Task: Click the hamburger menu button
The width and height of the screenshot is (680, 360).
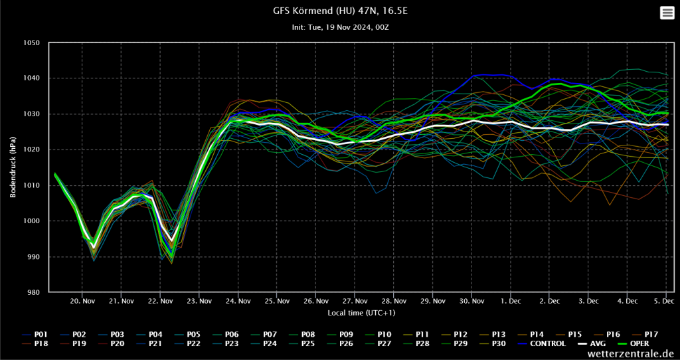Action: [667, 13]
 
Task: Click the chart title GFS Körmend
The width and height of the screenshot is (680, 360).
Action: [339, 11]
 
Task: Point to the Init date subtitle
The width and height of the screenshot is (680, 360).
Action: [339, 27]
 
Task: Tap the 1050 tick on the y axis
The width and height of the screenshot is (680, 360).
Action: [31, 43]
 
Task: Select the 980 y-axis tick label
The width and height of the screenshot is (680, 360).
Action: [33, 292]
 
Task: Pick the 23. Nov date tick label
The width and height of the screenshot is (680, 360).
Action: [199, 301]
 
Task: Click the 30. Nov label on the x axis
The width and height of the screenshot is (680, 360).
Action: [471, 301]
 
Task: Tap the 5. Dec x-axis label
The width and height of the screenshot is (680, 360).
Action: [666, 301]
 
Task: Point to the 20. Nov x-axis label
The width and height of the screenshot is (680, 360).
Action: [82, 301]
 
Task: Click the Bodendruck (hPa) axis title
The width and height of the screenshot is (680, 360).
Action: [13, 168]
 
